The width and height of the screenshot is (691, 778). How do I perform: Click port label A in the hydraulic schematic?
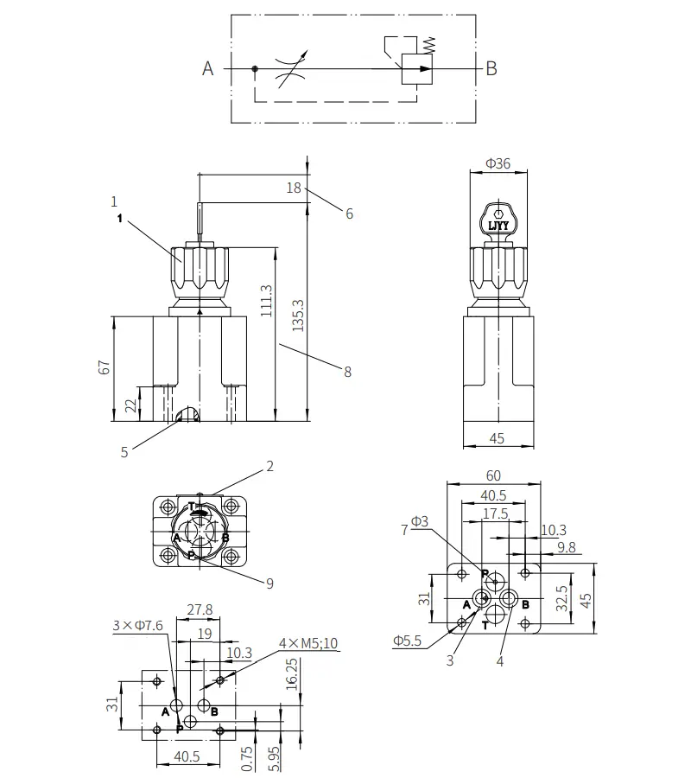207,68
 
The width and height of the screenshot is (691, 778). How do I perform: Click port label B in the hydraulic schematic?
491,68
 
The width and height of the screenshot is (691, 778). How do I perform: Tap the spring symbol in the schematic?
430,45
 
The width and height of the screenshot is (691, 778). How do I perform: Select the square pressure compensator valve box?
417,68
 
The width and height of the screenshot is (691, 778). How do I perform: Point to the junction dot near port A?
255,68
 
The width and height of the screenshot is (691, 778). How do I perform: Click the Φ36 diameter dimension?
498,163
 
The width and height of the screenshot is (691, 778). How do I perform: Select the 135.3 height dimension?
298,315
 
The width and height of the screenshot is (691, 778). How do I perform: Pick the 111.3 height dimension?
266,301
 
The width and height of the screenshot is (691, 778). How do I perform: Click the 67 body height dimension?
105,367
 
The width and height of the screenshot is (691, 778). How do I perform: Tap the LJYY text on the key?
498,226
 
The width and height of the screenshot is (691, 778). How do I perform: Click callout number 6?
350,214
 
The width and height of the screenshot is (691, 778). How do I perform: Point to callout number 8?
347,372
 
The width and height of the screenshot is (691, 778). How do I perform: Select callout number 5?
124,452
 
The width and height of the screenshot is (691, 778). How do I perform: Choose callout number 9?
269,583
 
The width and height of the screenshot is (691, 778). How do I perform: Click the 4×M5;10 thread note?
308,643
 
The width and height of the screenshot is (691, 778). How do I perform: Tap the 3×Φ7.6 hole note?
138,625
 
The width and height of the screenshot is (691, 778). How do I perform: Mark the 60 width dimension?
493,475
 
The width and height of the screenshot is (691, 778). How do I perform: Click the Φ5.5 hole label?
407,641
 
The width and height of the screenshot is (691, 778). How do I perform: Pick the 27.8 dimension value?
200,609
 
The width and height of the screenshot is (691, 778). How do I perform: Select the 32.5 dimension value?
561,598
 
